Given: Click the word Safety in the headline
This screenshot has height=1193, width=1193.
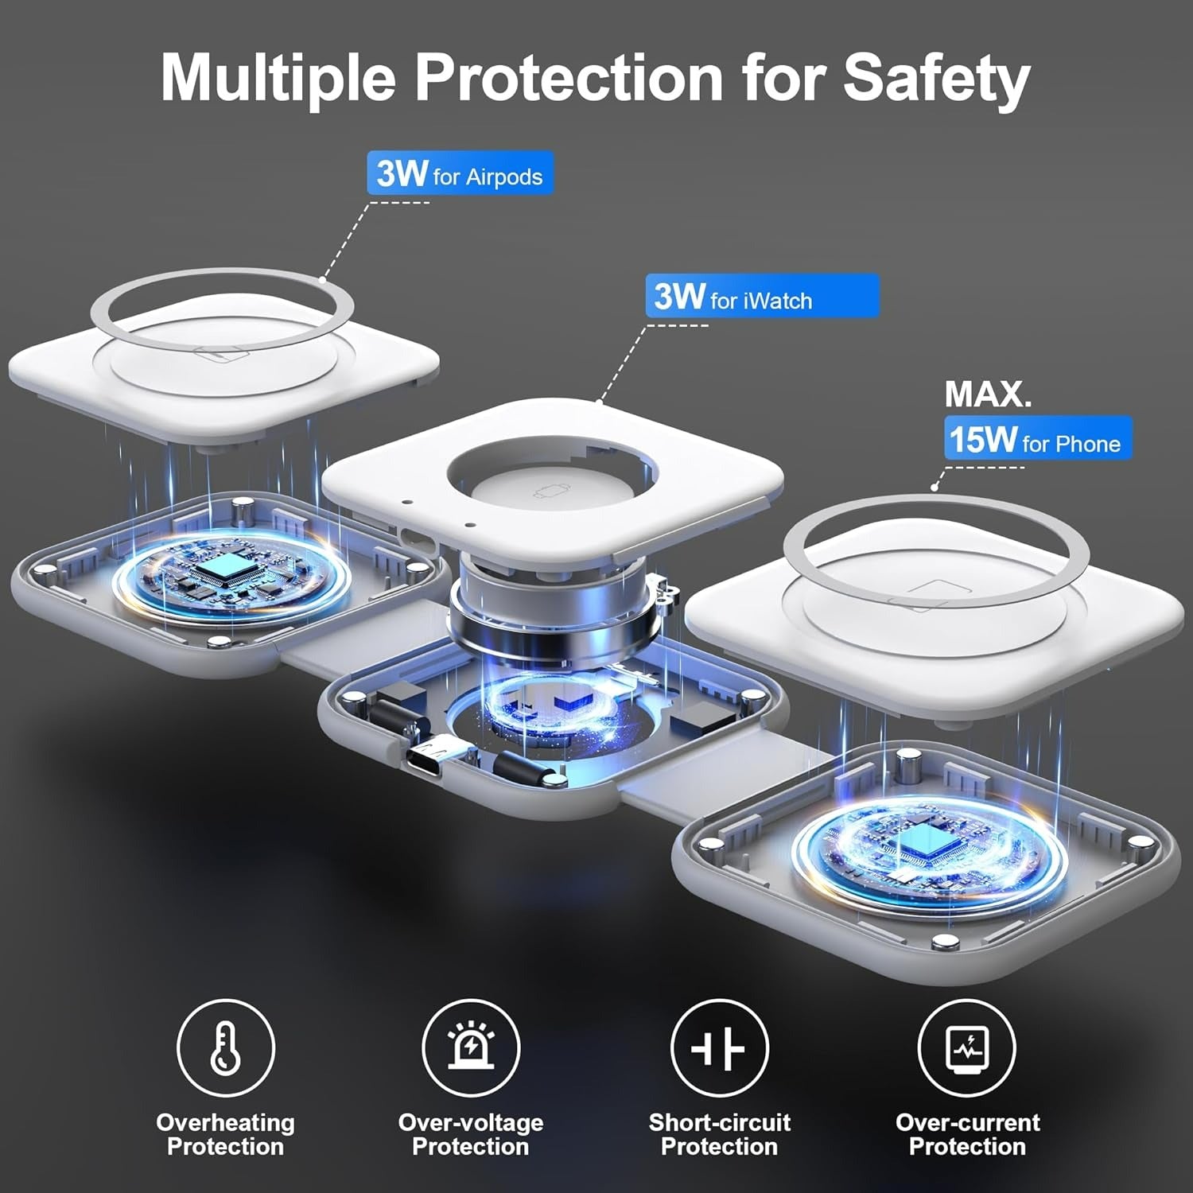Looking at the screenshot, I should [936, 78].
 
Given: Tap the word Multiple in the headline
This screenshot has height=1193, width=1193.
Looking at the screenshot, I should [278, 78].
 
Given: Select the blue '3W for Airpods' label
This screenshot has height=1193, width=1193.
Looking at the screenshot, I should [460, 173].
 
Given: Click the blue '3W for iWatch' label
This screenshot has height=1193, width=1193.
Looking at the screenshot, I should [762, 296].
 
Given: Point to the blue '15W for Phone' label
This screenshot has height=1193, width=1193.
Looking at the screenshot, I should [1037, 438].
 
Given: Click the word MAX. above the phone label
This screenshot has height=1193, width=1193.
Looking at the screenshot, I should [988, 394].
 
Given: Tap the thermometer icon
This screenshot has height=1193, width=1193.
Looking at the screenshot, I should [225, 1047].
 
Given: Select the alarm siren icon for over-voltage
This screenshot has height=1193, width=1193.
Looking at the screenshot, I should [470, 1047].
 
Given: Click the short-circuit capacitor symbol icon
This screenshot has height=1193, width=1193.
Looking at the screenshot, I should [719, 1049].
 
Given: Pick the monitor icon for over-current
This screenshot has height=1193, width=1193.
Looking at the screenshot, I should [966, 1049].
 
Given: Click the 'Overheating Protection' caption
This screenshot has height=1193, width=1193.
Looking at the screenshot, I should [225, 1134].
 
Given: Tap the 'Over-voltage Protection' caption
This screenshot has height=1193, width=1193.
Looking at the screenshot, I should [470, 1134].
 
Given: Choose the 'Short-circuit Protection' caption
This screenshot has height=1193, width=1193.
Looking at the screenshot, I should [719, 1134].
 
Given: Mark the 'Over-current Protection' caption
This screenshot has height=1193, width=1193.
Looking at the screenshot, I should [967, 1134].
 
